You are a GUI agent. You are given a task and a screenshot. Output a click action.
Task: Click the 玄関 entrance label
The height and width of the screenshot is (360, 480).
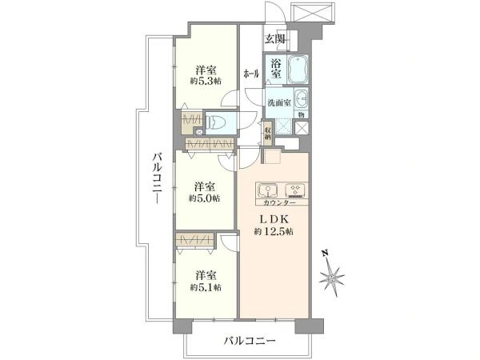point(275,38)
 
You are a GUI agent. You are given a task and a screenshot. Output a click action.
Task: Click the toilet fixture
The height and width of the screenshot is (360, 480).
point(217,122)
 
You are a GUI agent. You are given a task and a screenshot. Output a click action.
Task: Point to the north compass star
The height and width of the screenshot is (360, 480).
point(332,278)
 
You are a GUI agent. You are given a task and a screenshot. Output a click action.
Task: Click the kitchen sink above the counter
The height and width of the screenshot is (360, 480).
point(267,190)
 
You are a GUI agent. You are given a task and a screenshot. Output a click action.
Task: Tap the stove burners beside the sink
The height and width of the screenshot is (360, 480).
point(295,190)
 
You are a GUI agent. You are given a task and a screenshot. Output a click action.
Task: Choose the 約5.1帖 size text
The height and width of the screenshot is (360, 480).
point(206,286)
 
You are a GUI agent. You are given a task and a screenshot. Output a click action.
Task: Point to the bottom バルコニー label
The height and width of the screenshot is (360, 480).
point(250,341)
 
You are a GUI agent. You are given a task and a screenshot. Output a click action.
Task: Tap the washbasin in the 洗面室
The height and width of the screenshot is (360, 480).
point(302,99)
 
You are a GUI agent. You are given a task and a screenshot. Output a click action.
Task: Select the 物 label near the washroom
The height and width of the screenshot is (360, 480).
point(302,114)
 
